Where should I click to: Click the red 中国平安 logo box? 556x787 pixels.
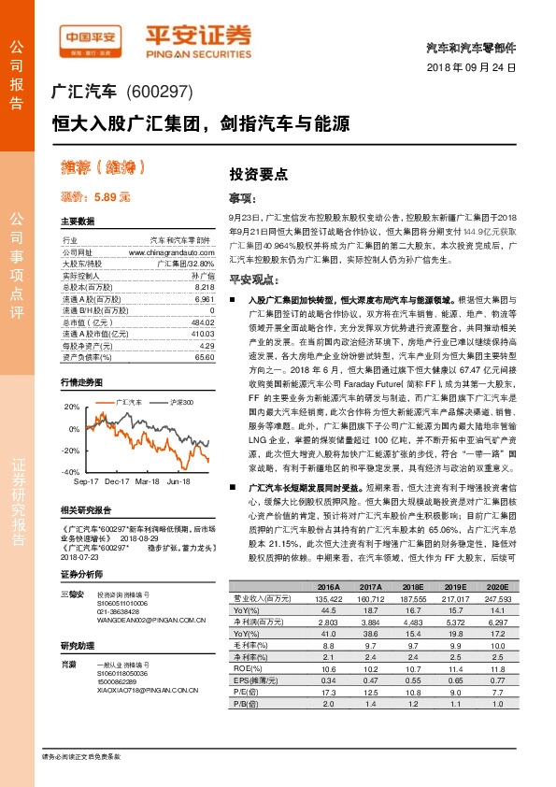(92, 37)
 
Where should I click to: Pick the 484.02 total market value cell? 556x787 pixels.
(201, 321)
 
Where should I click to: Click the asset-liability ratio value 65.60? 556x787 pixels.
(205, 356)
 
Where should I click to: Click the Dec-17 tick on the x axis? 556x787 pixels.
(117, 481)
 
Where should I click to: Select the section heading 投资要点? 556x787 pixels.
(259, 173)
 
